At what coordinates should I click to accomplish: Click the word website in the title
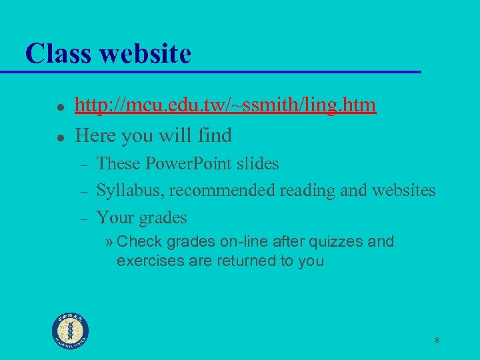coord(145,53)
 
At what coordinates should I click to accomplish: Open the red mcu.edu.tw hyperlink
coord(225,105)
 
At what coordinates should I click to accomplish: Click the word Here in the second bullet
coord(94,136)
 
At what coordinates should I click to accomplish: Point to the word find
coord(215,136)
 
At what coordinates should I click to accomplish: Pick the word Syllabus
coord(130,191)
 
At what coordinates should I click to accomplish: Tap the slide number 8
coord(437,341)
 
